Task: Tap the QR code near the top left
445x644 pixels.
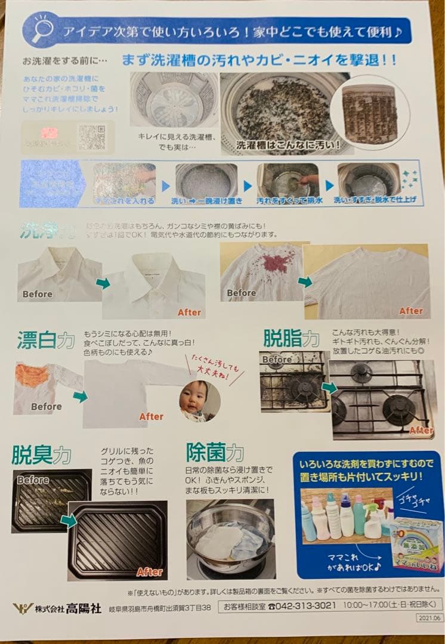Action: click(92, 137)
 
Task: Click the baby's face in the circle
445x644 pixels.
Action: click(199, 398)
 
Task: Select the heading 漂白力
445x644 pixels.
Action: click(44, 340)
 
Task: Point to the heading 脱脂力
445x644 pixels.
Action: click(291, 338)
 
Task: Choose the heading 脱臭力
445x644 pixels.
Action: click(41, 454)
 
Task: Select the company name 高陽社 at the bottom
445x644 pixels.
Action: click(83, 608)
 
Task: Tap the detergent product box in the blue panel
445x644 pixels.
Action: click(416, 543)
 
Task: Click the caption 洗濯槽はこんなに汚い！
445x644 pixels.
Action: click(288, 145)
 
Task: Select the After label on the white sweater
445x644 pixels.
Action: click(410, 311)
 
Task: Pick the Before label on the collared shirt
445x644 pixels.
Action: click(38, 294)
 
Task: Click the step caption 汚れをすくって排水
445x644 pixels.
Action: click(289, 201)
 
